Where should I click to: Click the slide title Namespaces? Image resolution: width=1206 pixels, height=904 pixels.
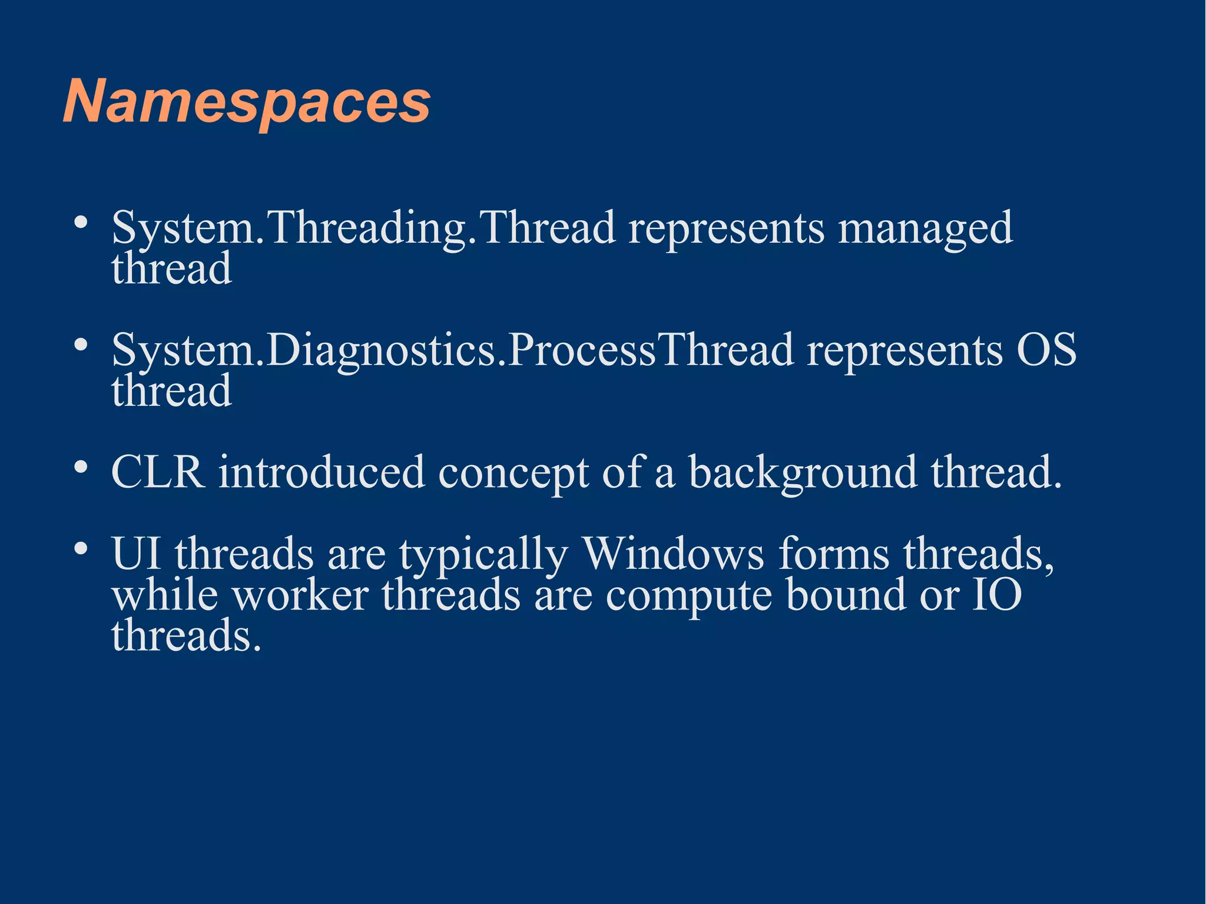click(x=247, y=101)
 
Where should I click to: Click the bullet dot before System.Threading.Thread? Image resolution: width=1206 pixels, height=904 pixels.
click(x=81, y=223)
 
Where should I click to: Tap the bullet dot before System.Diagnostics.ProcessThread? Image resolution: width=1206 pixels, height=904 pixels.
click(x=81, y=345)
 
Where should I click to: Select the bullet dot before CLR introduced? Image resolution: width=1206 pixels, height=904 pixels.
click(x=81, y=467)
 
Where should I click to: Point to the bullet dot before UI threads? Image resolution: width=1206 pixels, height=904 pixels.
click(x=81, y=548)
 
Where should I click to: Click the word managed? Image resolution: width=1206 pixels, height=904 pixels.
click(x=925, y=228)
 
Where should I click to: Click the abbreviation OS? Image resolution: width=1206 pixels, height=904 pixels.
click(x=1046, y=350)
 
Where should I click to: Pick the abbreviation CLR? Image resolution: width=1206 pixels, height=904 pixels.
click(x=158, y=472)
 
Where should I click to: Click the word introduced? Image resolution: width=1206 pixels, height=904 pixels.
click(x=322, y=472)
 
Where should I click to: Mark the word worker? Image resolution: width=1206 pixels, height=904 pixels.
click(x=300, y=595)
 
